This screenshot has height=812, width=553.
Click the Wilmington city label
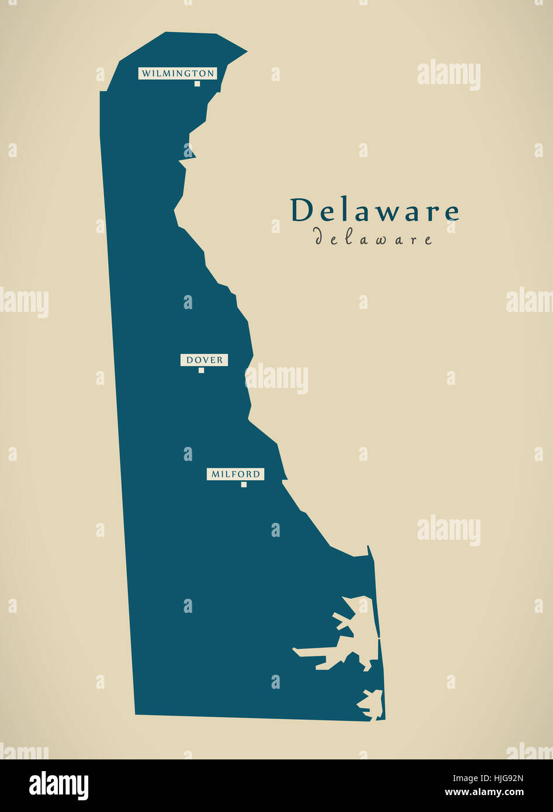(178, 73)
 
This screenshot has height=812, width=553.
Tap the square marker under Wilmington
(197, 84)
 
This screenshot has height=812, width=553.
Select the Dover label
(204, 360)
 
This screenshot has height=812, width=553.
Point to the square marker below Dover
(201, 370)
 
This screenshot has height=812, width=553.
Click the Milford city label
(235, 474)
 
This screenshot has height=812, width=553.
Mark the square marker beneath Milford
(244, 484)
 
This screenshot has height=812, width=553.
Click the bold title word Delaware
(375, 210)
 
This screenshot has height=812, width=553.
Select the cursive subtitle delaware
(374, 238)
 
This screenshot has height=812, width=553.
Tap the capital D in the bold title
(303, 210)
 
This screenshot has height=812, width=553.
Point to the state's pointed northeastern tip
(246, 51)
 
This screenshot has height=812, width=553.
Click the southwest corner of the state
(136, 713)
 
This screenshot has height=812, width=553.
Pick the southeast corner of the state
(384, 719)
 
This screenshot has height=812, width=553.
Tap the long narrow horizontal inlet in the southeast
(316, 651)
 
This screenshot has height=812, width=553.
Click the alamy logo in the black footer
(58, 785)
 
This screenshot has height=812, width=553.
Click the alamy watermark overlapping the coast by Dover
(276, 379)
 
